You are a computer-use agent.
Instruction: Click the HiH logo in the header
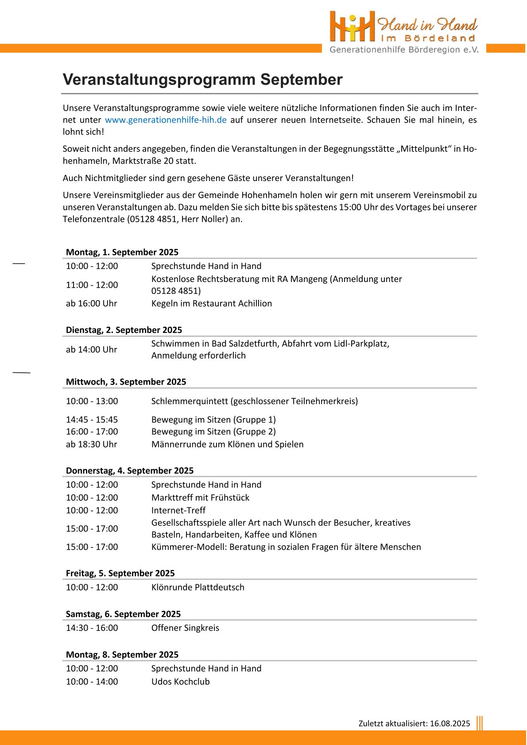(x=352, y=27)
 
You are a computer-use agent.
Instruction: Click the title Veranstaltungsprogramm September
(x=202, y=80)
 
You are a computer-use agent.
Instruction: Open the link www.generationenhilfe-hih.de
(x=166, y=120)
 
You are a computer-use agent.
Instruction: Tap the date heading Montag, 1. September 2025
(x=122, y=252)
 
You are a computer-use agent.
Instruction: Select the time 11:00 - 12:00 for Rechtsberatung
(x=92, y=285)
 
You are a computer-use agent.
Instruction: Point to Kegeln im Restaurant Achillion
(x=211, y=304)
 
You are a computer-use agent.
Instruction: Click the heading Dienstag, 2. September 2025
(x=124, y=330)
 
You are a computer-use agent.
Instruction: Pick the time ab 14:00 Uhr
(x=91, y=350)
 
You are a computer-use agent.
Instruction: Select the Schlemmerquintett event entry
(x=254, y=401)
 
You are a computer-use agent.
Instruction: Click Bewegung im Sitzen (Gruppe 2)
(x=213, y=432)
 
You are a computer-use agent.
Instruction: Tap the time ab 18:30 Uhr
(x=91, y=444)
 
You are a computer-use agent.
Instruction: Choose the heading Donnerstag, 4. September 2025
(x=129, y=471)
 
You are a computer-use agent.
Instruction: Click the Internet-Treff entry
(x=178, y=510)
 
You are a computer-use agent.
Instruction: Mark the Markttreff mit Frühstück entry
(x=200, y=498)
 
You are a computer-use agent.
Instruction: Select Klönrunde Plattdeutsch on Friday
(x=198, y=587)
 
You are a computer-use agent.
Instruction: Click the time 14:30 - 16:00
(x=92, y=628)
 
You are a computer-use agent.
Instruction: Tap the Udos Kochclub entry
(x=180, y=682)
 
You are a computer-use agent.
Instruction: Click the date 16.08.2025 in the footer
(x=449, y=724)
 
